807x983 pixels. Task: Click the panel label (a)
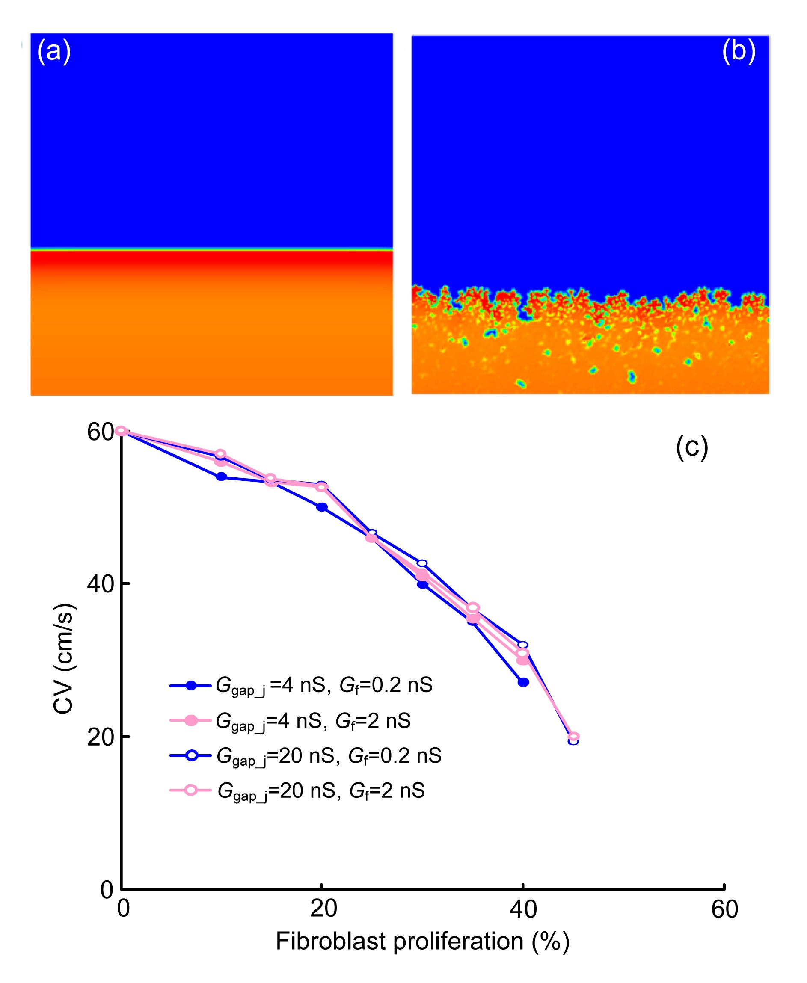click(x=54, y=50)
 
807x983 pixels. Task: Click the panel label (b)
click(x=738, y=50)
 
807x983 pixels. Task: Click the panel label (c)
click(x=692, y=447)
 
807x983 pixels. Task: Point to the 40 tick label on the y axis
click(x=101, y=584)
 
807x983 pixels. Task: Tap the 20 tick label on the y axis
click(x=101, y=737)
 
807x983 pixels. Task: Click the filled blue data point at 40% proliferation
click(x=523, y=682)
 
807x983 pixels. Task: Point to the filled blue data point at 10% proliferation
click(x=221, y=477)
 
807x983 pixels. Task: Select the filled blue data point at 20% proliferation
click(x=322, y=507)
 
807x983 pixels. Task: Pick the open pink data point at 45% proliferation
click(x=574, y=736)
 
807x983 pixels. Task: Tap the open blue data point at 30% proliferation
click(x=422, y=563)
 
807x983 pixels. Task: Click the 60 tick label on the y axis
click(x=101, y=432)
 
